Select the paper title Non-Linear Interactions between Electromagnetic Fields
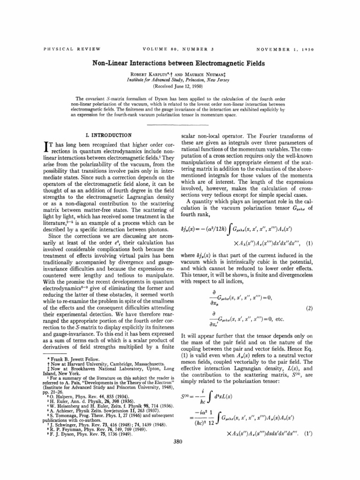pyautogui.click(x=180, y=63)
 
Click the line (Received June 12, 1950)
pyautogui.click(x=180, y=87)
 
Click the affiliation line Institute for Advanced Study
pyautogui.click(x=180, y=80)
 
